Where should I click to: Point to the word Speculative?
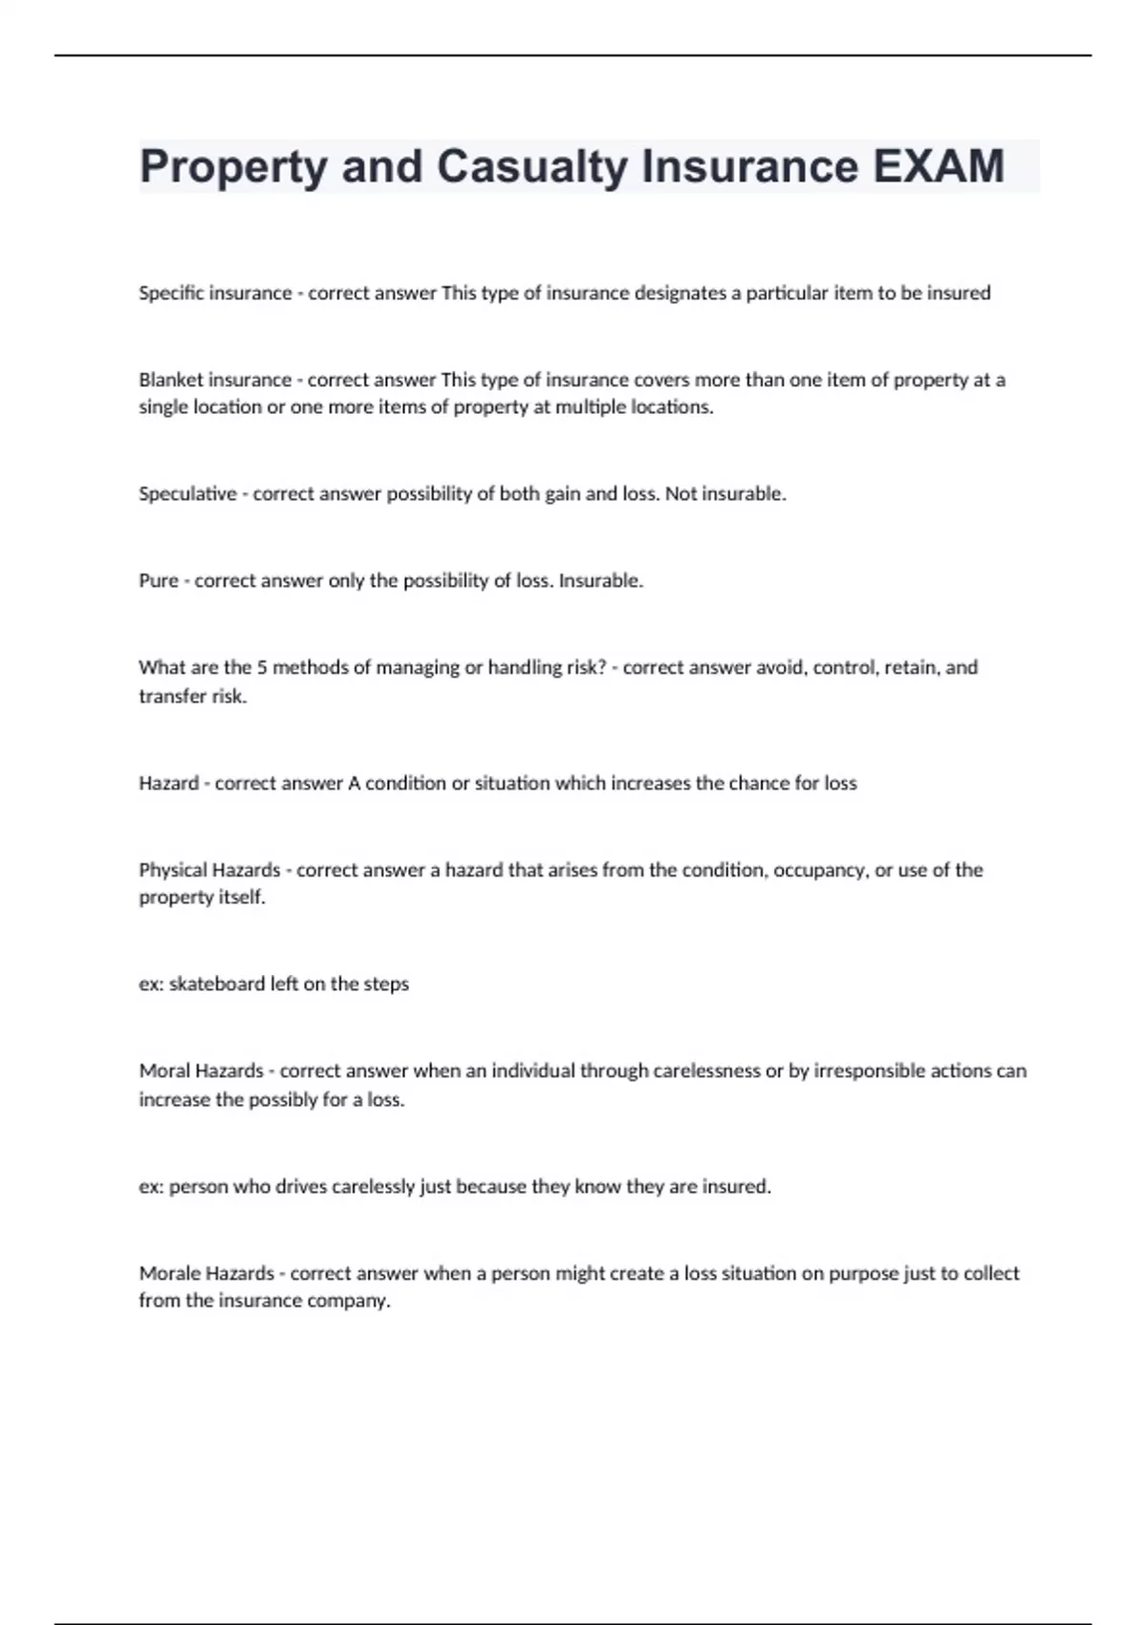point(187,494)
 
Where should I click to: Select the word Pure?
point(158,580)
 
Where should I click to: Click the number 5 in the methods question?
point(262,667)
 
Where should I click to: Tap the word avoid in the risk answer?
point(780,667)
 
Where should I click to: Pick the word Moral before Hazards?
point(164,1071)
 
